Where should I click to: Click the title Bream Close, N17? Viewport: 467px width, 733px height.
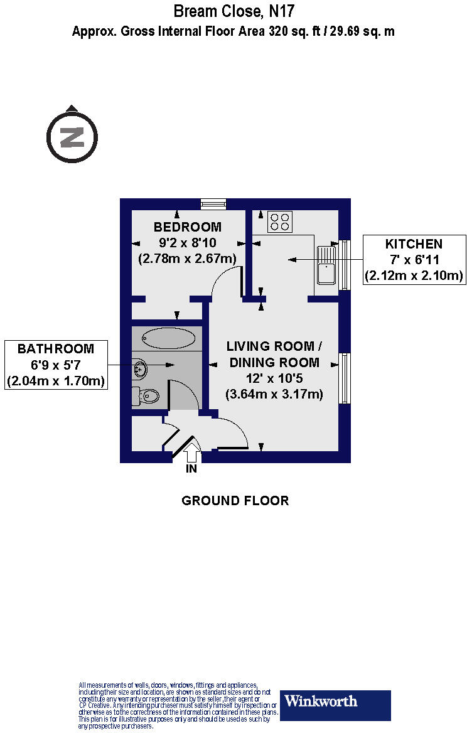233,11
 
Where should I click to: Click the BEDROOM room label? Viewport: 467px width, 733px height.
187,227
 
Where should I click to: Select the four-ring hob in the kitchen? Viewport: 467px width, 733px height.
280,221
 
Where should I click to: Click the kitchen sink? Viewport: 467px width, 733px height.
328,266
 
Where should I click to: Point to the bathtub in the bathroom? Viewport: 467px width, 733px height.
168,339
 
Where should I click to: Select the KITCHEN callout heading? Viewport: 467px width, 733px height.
414,244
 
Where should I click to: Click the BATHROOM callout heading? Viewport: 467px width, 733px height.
55,349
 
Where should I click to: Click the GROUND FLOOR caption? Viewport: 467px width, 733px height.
235,501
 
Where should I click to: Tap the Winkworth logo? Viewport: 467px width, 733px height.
335,705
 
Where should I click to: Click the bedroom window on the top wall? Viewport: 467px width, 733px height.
213,204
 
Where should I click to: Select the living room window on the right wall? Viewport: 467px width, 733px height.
345,378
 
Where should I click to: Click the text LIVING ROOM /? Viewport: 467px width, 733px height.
274,346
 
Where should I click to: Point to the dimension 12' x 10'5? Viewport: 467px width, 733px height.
274,378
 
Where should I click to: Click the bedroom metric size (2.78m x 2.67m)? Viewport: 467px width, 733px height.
187,258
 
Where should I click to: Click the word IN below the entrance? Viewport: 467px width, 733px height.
191,469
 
